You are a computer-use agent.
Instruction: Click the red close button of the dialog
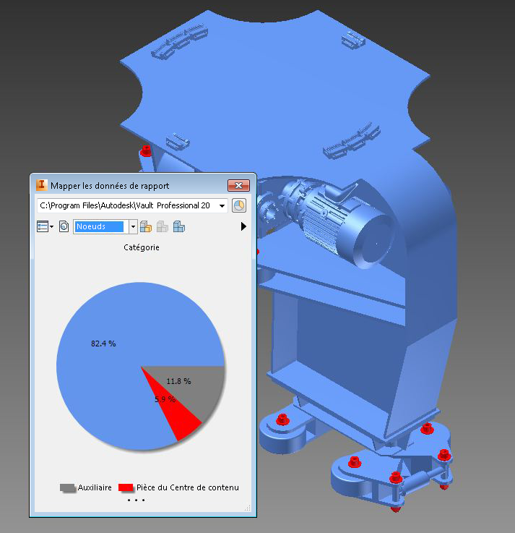click(238, 185)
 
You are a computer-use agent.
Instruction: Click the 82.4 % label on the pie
click(103, 344)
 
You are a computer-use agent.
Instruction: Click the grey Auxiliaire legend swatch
click(68, 487)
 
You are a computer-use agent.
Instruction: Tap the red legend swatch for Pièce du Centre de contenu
click(126, 487)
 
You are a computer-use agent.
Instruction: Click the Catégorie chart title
click(142, 247)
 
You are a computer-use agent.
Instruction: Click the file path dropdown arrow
click(222, 205)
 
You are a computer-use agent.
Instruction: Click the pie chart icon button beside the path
click(239, 205)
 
